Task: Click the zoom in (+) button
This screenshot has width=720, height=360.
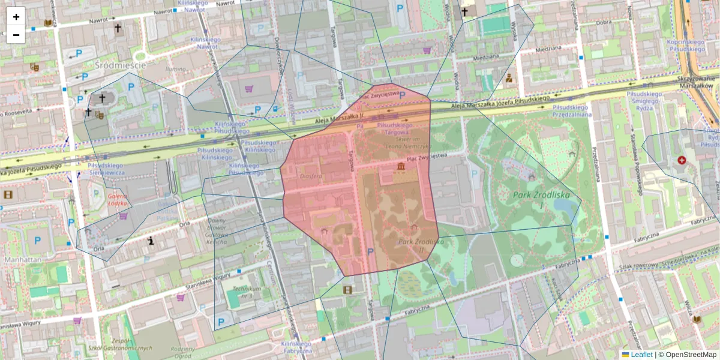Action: point(16,17)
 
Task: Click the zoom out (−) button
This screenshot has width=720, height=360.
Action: point(16,35)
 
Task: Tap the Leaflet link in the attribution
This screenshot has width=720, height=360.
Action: point(641,355)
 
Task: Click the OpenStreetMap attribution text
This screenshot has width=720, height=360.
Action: point(691,355)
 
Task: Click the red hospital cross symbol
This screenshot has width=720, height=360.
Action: point(682,161)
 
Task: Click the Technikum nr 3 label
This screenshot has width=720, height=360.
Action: point(244,292)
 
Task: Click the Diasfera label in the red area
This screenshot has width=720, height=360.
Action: point(311,176)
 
